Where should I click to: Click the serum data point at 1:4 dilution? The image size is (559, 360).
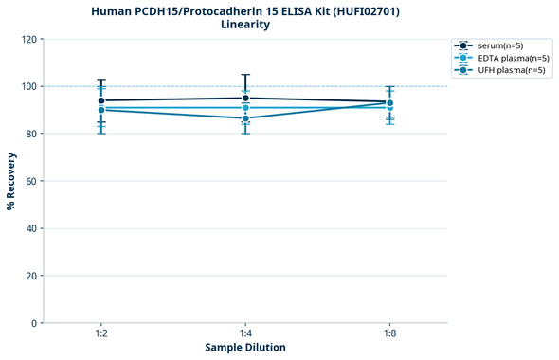(x=245, y=99)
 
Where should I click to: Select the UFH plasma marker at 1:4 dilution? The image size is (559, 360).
(x=245, y=118)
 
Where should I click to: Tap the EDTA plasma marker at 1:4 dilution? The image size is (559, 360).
(x=245, y=108)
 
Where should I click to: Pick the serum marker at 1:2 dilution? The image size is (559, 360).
(x=101, y=100)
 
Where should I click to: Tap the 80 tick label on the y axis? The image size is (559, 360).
(x=31, y=134)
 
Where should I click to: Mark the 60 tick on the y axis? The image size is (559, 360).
(x=31, y=181)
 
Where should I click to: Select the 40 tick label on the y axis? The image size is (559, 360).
(x=31, y=228)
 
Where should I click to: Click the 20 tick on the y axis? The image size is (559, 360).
(x=31, y=276)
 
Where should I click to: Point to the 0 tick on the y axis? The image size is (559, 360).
(x=34, y=323)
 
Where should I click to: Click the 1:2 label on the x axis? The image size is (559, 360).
(x=101, y=334)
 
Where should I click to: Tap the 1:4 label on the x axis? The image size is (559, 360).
(x=245, y=334)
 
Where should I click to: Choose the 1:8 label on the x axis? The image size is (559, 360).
(x=389, y=334)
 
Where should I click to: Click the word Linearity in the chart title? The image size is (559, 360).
(x=245, y=25)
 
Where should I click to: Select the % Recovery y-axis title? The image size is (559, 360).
(x=11, y=181)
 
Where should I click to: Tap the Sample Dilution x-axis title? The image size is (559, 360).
(x=245, y=348)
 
